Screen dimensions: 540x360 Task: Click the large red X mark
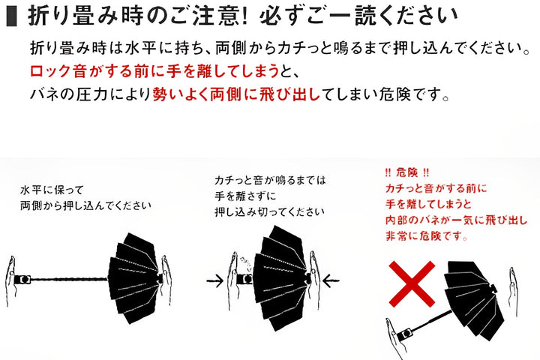(x=412, y=283)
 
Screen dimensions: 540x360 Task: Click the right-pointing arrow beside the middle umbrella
(x=215, y=280)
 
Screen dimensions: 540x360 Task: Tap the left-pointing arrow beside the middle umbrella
(x=331, y=280)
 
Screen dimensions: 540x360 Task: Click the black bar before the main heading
(x=12, y=16)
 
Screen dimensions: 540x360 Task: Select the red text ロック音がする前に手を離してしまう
(x=154, y=70)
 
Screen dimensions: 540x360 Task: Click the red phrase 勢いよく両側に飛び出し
(x=236, y=94)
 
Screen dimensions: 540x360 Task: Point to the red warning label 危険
(x=407, y=172)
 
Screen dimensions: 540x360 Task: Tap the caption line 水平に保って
(x=52, y=190)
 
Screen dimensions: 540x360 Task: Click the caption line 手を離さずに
(x=245, y=196)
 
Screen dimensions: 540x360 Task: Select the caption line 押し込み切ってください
(x=269, y=211)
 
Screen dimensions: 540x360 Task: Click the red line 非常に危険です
(x=426, y=236)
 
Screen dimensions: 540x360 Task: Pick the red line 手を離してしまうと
(x=428, y=204)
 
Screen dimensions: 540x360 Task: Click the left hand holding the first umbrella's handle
(x=10, y=280)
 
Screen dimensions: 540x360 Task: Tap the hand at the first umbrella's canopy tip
(x=166, y=280)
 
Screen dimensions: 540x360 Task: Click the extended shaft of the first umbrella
(x=69, y=279)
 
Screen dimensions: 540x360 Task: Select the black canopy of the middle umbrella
(x=279, y=277)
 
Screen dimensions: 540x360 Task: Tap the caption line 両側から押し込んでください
(x=85, y=205)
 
